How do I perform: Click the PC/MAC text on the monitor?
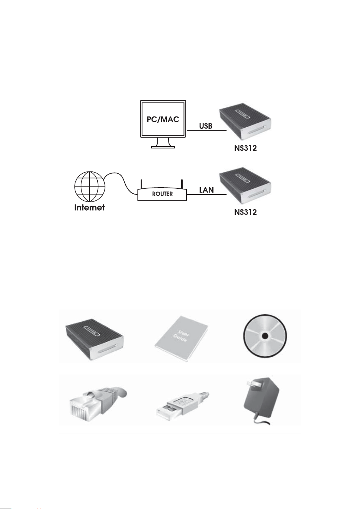[163, 120]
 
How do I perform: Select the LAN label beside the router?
[207, 190]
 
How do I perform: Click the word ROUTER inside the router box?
[162, 194]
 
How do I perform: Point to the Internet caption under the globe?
[90, 208]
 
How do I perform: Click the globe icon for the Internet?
[90, 187]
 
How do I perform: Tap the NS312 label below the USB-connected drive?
[245, 148]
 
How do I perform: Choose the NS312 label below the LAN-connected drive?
[245, 212]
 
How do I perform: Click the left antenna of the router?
[142, 184]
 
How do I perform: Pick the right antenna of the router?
[182, 184]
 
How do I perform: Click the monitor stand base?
[163, 147]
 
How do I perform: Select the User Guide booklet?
[182, 339]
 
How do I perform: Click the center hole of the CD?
[265, 336]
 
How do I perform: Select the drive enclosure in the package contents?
[94, 339]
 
